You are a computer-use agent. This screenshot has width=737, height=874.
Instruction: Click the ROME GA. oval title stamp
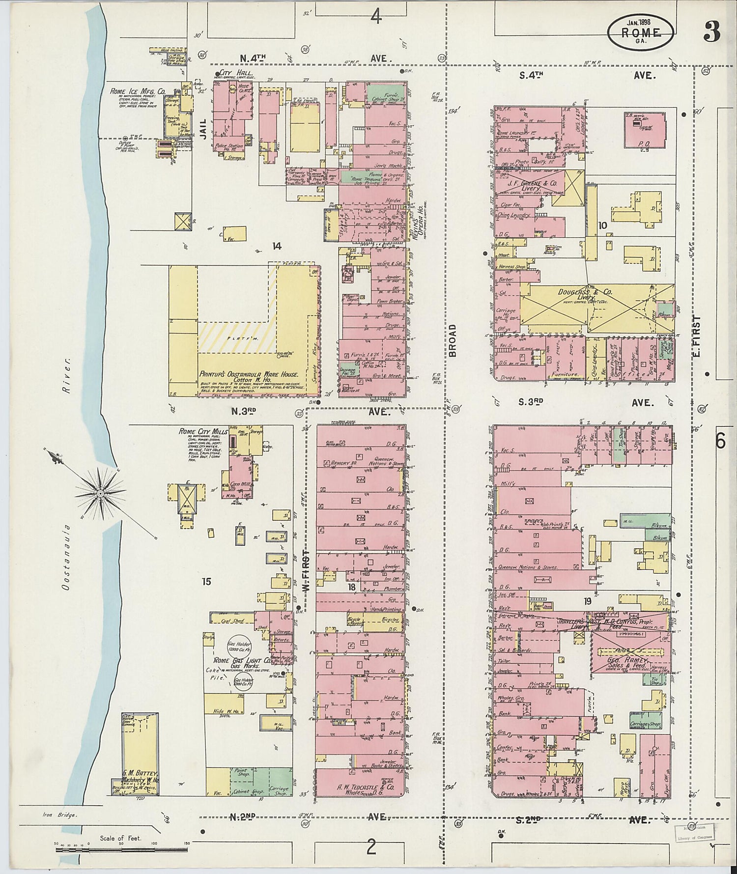click(x=640, y=30)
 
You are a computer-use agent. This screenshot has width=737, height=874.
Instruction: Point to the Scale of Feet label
click(x=120, y=838)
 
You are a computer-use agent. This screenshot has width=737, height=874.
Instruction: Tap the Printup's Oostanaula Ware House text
click(x=249, y=374)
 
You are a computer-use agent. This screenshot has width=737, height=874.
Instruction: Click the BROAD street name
click(x=453, y=340)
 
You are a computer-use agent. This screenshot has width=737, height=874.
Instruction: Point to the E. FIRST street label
click(x=697, y=336)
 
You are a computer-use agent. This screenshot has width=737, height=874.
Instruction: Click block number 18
click(x=352, y=587)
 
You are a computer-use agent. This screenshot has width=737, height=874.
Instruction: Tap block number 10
click(x=602, y=225)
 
